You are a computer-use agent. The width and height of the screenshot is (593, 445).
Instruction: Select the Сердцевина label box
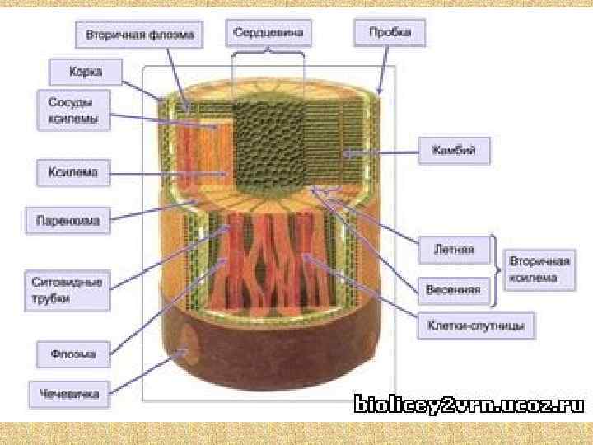268,33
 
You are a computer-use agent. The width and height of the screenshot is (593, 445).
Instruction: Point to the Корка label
86,72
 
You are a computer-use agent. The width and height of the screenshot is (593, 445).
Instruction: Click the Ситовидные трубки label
68,291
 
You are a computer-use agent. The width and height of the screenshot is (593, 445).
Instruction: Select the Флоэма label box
75,355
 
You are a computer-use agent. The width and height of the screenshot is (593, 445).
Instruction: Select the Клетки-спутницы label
475,326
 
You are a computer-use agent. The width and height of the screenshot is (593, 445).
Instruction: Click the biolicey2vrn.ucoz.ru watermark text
469,404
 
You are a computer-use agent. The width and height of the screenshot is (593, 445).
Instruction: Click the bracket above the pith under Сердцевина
268,54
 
